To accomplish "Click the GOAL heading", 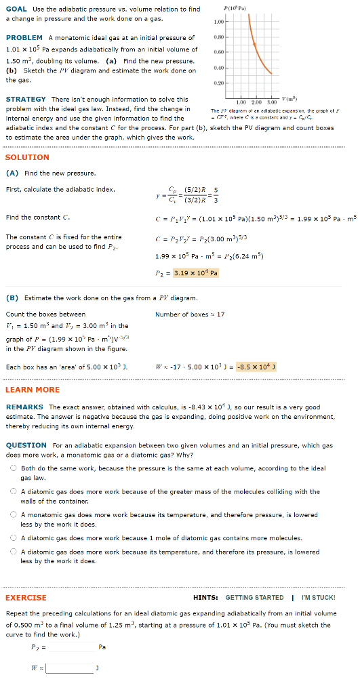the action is pyautogui.click(x=16, y=9).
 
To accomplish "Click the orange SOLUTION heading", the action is pyautogui.click(x=27, y=157).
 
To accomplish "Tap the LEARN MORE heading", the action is pyautogui.click(x=33, y=390).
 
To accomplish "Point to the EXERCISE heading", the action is pyautogui.click(x=26, y=598).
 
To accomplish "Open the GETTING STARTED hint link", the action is pyautogui.click(x=254, y=598).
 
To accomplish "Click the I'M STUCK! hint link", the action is pyautogui.click(x=318, y=598).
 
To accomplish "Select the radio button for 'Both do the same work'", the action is pyautogui.click(x=13, y=468).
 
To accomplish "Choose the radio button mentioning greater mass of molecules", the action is pyautogui.click(x=13, y=491).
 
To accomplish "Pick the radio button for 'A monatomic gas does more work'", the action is pyautogui.click(x=13, y=515).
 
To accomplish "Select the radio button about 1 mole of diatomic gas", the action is pyautogui.click(x=13, y=538).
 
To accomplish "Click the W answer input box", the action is pyautogui.click(x=69, y=668).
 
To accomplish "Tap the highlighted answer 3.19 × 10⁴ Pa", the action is pyautogui.click(x=195, y=273).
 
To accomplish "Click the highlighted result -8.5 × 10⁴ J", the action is pyautogui.click(x=256, y=367).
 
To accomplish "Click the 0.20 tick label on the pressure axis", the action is pyautogui.click(x=218, y=83).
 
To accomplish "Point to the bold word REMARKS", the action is pyautogui.click(x=24, y=407).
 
